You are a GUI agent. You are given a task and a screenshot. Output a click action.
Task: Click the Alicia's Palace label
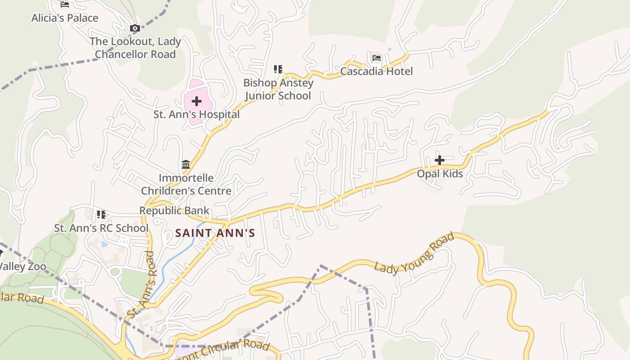tap(65, 18)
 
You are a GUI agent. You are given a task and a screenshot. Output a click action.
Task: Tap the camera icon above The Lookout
tap(135, 28)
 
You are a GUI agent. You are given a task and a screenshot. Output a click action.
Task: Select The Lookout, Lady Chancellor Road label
tap(135, 48)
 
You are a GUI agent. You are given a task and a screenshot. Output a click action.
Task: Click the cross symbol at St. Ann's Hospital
tap(197, 102)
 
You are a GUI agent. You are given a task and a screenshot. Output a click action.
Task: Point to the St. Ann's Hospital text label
tap(197, 114)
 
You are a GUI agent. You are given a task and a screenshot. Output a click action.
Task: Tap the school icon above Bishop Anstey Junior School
tap(278, 69)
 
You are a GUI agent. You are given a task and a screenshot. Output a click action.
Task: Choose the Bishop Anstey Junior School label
tap(278, 89)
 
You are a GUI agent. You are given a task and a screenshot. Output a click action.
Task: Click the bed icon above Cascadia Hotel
tap(377, 58)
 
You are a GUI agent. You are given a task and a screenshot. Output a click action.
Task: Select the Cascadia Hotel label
tap(376, 71)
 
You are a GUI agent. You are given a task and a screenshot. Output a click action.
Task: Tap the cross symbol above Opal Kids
tap(440, 160)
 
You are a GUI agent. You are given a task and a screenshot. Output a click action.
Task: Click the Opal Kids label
tap(440, 174)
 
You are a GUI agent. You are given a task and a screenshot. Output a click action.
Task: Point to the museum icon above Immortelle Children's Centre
tap(186, 165)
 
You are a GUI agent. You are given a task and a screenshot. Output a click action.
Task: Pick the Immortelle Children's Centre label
tap(186, 184)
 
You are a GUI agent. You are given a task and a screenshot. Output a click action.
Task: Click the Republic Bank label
tap(174, 210)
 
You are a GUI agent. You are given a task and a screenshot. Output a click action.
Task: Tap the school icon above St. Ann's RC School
tap(101, 215)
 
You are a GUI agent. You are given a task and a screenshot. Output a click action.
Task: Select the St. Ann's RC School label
tap(101, 228)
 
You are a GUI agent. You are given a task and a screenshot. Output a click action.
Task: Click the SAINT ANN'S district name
tap(215, 233)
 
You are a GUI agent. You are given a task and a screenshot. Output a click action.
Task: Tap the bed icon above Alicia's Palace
tap(65, 4)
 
